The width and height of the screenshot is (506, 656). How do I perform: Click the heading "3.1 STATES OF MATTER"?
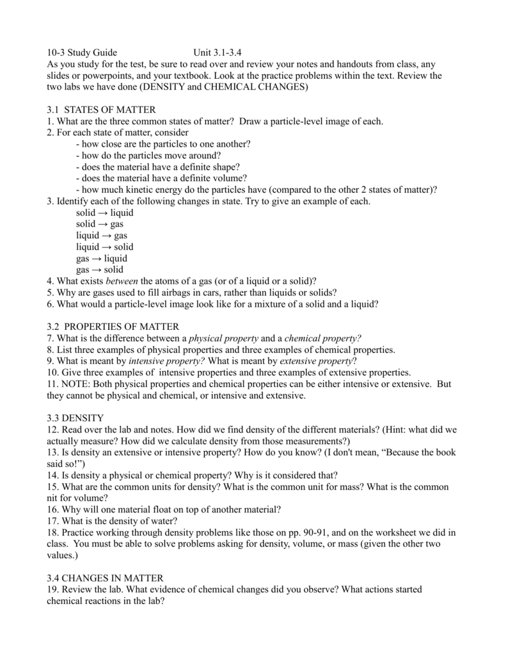coord(101,110)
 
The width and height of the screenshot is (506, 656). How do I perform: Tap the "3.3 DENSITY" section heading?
coord(75,418)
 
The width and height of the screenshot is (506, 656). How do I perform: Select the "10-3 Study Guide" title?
coord(82,53)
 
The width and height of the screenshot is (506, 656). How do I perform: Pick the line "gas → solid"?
coord(99,270)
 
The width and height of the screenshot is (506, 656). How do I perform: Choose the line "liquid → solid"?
coord(104,247)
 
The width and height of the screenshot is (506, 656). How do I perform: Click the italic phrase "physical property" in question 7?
coord(224,338)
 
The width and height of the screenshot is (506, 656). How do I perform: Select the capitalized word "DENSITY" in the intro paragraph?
coord(163,87)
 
